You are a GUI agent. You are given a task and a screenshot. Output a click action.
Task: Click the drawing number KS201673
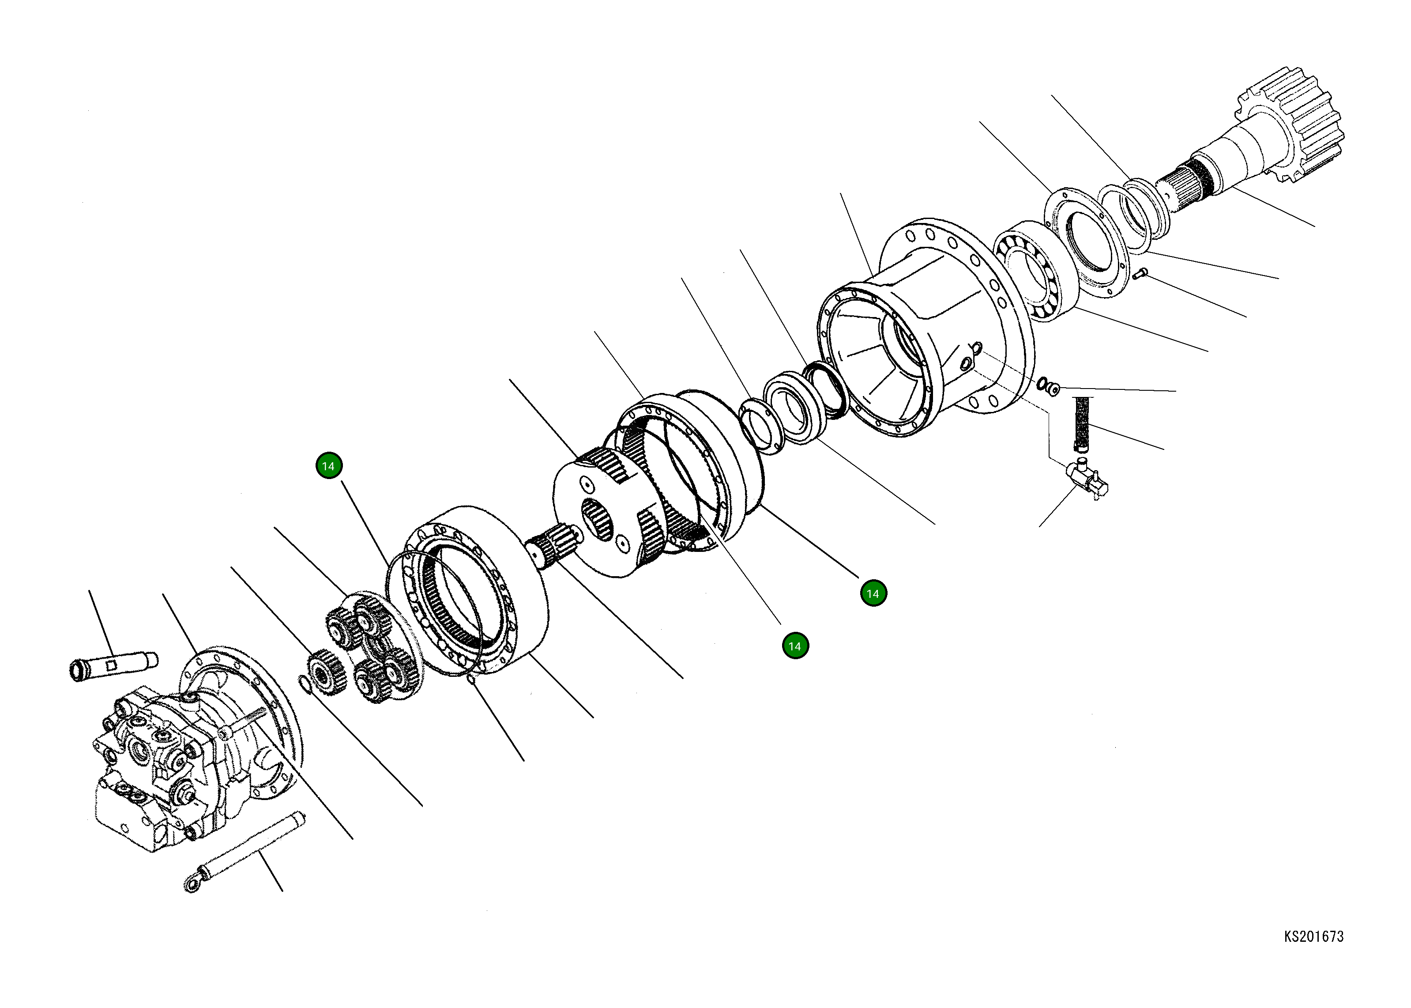click(x=1313, y=936)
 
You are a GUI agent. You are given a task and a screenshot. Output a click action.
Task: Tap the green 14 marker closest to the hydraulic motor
click(x=329, y=466)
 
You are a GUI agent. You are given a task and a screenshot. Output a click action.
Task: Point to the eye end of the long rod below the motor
click(x=192, y=884)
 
